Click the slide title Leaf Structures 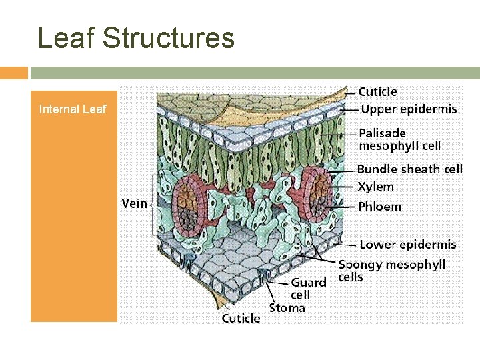click(137, 38)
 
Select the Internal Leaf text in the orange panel click(73, 109)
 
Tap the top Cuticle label click(377, 92)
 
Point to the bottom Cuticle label click(241, 318)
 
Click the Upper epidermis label click(409, 109)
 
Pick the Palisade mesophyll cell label click(399, 139)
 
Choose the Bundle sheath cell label click(409, 169)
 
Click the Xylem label click(375, 187)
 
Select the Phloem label click(379, 206)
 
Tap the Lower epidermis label click(407, 245)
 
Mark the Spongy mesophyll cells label click(391, 270)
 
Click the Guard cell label click(309, 288)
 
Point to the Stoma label click(287, 307)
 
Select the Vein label click(134, 203)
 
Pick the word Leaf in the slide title click(65, 38)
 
